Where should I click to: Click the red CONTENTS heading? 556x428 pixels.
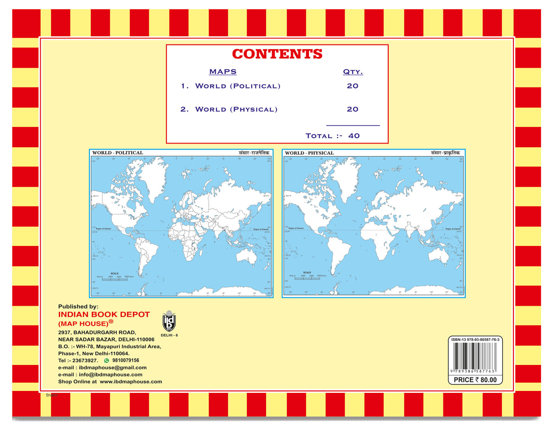coord(277,54)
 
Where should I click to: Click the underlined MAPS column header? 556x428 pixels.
coord(223,72)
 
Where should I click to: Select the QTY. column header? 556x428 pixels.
coord(353,72)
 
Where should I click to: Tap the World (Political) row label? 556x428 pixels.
coord(238,86)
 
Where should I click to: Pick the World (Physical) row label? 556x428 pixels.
coord(236,110)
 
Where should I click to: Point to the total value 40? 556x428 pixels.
coord(354,136)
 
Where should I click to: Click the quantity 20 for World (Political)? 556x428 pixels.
coord(353,86)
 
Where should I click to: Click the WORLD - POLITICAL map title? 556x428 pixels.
coord(118,152)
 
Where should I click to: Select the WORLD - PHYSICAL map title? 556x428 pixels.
coord(309,153)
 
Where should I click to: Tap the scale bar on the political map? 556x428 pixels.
coord(114,277)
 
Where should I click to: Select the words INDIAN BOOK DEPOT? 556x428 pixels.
coord(104,315)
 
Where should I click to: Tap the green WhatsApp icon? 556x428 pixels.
coord(107,360)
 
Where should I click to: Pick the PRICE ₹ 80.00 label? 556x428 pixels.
coord(475,380)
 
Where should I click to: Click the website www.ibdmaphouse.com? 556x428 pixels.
coord(131,382)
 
